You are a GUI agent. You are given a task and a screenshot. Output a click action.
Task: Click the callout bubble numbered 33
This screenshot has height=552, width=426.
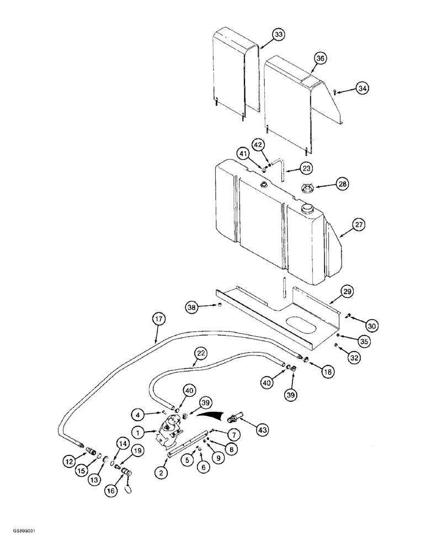tap(279, 35)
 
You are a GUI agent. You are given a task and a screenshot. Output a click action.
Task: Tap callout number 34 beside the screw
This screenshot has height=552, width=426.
tap(361, 88)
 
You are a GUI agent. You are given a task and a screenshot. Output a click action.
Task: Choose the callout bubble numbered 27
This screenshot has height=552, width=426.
tap(343, 225)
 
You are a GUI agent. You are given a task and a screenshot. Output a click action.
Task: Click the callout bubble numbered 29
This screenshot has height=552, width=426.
tap(347, 291)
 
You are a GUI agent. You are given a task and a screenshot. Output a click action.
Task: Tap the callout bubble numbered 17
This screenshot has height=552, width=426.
tap(158, 319)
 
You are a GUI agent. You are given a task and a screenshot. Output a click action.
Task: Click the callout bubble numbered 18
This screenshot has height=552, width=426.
tap(327, 373)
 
